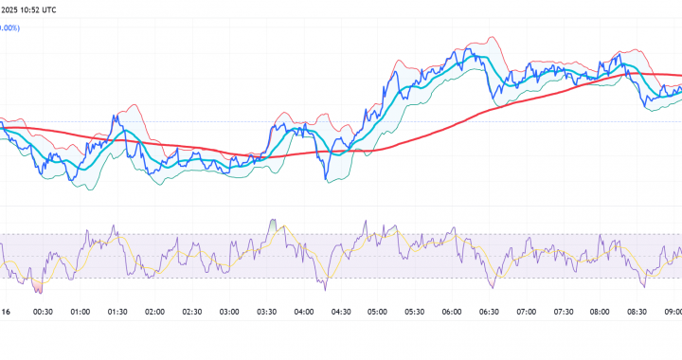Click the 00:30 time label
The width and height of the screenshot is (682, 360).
point(43,311)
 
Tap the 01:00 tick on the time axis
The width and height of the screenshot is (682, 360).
point(81,311)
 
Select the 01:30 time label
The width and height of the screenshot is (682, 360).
point(117,311)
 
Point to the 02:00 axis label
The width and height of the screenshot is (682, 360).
point(154,311)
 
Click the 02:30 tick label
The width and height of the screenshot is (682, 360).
point(192,311)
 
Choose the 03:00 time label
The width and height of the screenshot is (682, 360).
point(229,311)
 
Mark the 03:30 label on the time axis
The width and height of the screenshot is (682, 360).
point(266,311)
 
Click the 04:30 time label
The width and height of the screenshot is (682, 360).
point(341,311)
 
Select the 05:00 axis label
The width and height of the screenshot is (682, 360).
point(378,311)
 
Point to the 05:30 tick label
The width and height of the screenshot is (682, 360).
point(415,311)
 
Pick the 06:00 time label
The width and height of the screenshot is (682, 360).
point(452,311)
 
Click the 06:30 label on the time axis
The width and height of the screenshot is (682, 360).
point(490,311)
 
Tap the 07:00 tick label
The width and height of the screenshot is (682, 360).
point(527,311)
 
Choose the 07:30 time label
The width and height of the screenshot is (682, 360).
point(564,311)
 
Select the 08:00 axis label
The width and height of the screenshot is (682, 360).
point(601,311)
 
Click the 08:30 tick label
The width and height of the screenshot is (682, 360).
point(638,311)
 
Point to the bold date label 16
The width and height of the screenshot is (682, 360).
point(6,311)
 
